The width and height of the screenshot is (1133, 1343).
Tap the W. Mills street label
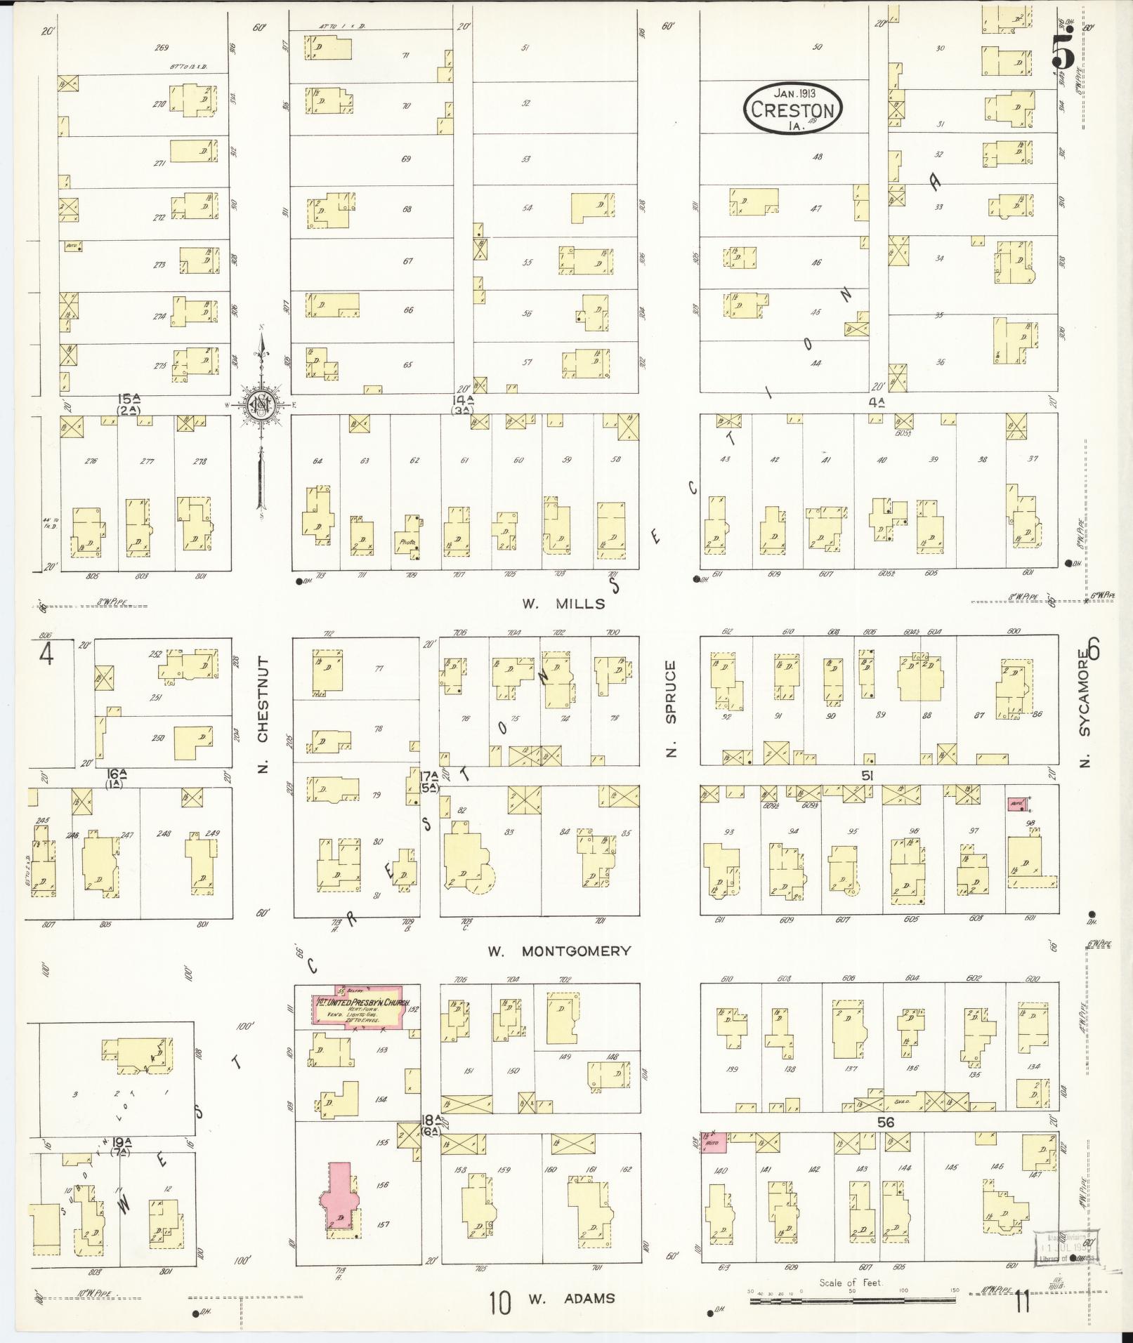click(563, 604)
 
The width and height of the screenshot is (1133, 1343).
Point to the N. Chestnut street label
click(263, 714)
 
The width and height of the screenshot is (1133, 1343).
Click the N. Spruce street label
click(671, 708)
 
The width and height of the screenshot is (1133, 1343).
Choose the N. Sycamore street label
click(1085, 709)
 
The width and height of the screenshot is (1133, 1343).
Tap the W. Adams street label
click(571, 1298)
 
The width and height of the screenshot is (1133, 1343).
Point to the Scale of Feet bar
click(849, 1300)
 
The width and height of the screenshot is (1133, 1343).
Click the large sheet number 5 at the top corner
click(1063, 50)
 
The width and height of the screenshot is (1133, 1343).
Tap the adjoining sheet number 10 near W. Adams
click(499, 1304)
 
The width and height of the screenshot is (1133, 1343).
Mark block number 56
click(885, 1122)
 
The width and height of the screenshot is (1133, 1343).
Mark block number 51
click(867, 775)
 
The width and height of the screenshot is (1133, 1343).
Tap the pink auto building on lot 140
click(715, 1142)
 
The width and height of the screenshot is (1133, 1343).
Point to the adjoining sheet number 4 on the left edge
click(46, 654)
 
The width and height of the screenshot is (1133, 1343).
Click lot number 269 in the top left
click(162, 48)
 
